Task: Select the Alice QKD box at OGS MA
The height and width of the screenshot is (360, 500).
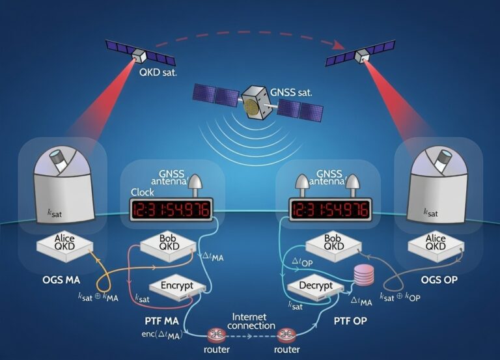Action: click(65, 243)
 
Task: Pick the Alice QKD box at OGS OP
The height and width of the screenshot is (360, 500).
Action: click(435, 243)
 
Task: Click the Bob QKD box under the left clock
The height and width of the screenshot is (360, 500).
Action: click(169, 243)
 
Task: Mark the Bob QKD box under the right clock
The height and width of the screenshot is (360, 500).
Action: click(332, 243)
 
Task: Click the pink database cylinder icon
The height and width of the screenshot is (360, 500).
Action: click(363, 275)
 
